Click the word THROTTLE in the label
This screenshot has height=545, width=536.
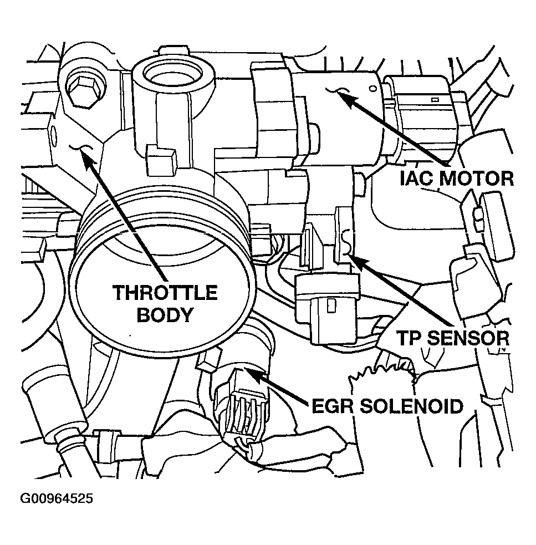[165, 292]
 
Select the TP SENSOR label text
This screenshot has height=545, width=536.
[452, 337]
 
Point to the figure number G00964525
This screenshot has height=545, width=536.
[57, 499]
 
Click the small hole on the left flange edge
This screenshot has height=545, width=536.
[54, 134]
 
